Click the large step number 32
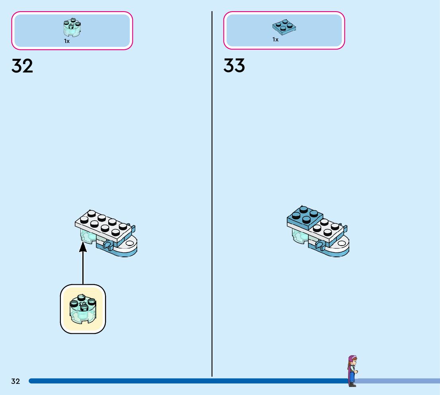click(22, 66)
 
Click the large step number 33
click(234, 66)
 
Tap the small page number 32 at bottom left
click(16, 381)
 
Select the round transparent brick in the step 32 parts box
click(72, 27)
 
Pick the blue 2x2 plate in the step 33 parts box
click(285, 27)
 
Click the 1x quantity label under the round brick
click(67, 41)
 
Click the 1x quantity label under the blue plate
click(275, 40)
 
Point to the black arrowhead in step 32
click(83, 247)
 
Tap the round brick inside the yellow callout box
click(82, 309)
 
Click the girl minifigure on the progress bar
click(352, 370)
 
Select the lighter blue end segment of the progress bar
click(398, 381)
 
